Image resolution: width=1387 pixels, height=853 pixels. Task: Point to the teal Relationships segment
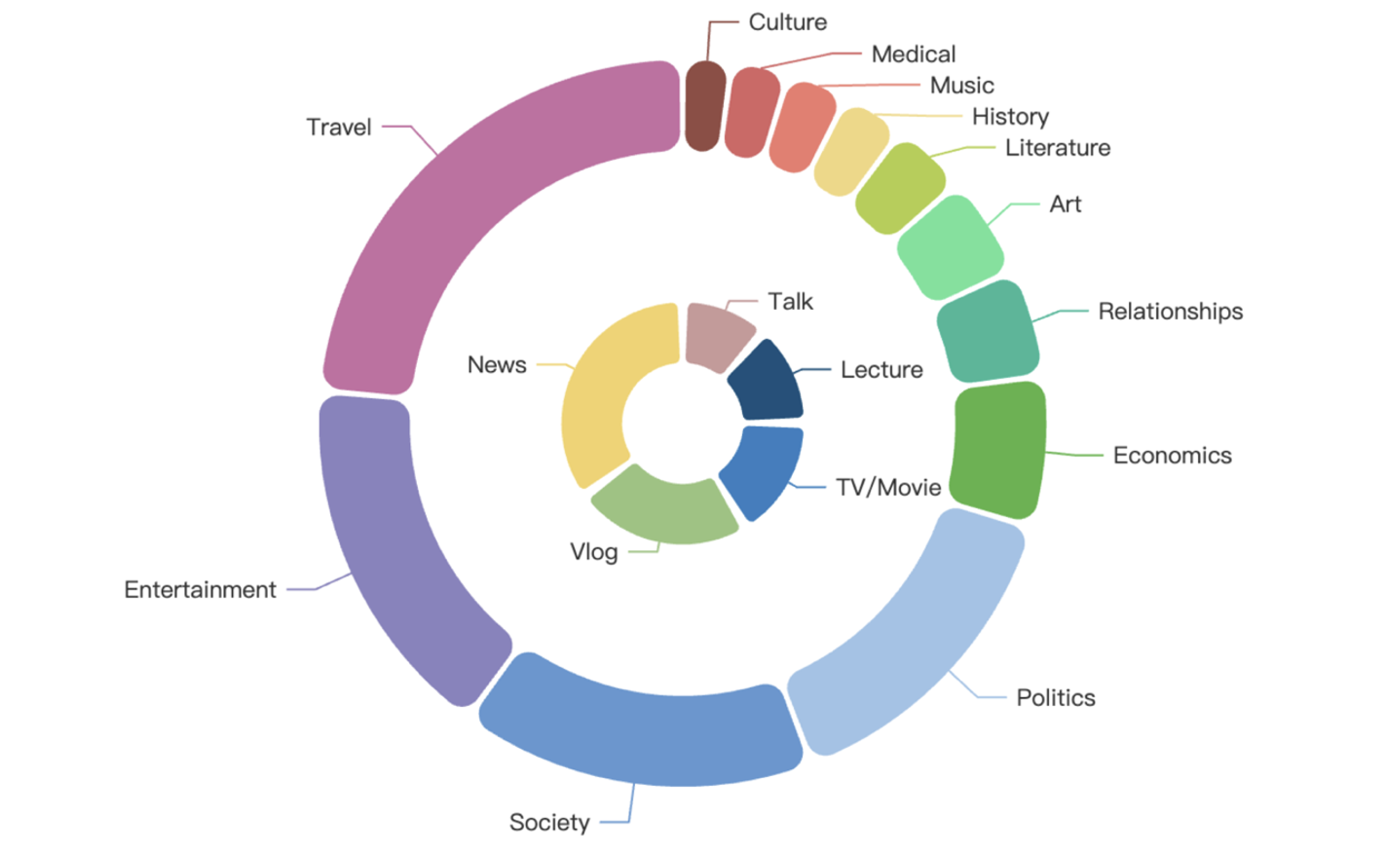[987, 332]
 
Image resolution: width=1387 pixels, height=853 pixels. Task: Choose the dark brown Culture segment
[704, 107]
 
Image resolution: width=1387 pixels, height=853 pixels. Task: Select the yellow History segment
[849, 152]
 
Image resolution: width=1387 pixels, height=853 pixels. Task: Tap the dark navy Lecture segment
[767, 383]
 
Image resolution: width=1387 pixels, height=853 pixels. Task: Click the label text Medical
[913, 55]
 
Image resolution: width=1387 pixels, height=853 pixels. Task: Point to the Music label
[961, 86]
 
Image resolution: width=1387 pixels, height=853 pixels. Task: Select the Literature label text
[1057, 148]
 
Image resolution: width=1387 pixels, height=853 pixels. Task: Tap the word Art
[1065, 204]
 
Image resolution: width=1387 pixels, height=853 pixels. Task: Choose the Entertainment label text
[200, 590]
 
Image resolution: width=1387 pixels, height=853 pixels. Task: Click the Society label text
[548, 823]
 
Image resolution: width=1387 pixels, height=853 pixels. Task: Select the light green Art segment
[949, 247]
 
